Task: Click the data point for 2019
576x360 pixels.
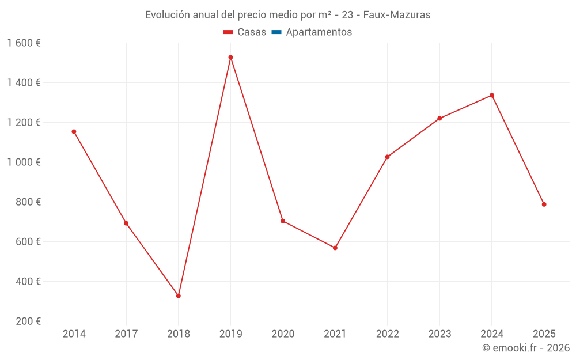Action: [x=230, y=57]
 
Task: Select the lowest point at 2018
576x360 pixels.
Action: [x=179, y=295]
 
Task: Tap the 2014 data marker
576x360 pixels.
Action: [x=74, y=131]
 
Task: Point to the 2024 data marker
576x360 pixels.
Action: [x=492, y=95]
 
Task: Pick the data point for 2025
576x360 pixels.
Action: [x=544, y=204]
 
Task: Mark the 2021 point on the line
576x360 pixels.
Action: [x=335, y=248]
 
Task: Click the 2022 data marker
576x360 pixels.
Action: [x=387, y=157]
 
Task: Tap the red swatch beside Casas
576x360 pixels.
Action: [x=228, y=32]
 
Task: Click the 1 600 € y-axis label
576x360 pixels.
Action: [x=24, y=43]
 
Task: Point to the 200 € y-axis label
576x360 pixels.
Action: [x=28, y=321]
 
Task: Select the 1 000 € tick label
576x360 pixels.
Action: [x=24, y=162]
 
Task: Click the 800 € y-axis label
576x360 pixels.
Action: [x=28, y=202]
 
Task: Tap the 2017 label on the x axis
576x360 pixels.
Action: [x=126, y=334]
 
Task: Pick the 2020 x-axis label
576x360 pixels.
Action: [x=283, y=334]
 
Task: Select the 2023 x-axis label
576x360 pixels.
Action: [x=439, y=334]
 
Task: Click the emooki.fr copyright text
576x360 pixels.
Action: [x=526, y=348]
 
